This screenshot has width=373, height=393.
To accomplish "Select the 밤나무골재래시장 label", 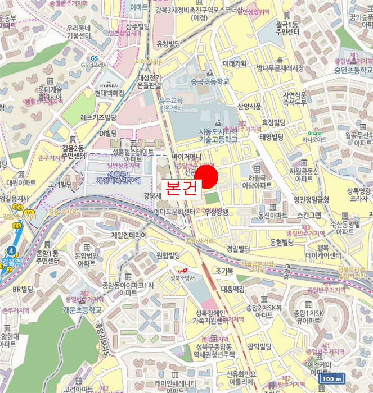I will [280, 68].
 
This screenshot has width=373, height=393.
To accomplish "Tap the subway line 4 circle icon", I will [11, 251].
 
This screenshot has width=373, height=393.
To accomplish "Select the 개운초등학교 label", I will [82, 309].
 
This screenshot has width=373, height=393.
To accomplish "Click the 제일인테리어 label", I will [129, 235].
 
